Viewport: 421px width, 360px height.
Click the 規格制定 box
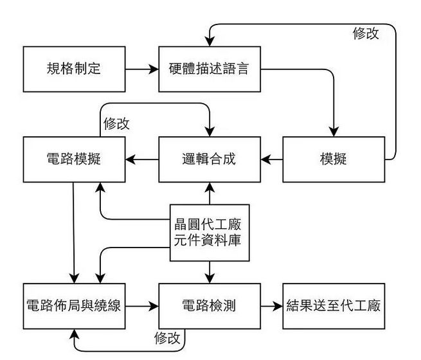(x=74, y=68)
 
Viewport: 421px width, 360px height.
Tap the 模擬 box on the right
(x=333, y=159)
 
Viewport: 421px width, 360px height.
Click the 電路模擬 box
(x=74, y=159)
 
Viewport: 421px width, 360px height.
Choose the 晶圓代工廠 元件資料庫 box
(x=209, y=233)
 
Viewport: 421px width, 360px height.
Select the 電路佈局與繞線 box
(x=74, y=306)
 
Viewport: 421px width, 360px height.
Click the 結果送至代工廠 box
(x=333, y=306)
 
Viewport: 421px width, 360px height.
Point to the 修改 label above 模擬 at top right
(x=366, y=33)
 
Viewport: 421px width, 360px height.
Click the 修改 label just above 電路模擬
(x=116, y=123)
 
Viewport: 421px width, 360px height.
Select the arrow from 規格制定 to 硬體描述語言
(x=142, y=68)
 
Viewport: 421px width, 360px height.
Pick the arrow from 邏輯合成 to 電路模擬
(x=142, y=159)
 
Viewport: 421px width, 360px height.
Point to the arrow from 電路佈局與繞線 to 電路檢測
(x=142, y=306)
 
